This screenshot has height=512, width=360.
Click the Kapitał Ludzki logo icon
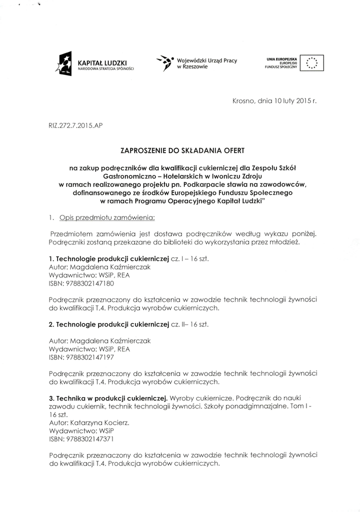pos(65,63)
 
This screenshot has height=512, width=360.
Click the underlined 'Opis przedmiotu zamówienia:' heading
pos(107,218)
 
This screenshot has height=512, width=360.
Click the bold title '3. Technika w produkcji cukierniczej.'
pos(108,398)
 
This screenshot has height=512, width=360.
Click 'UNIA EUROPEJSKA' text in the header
pos(282,59)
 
